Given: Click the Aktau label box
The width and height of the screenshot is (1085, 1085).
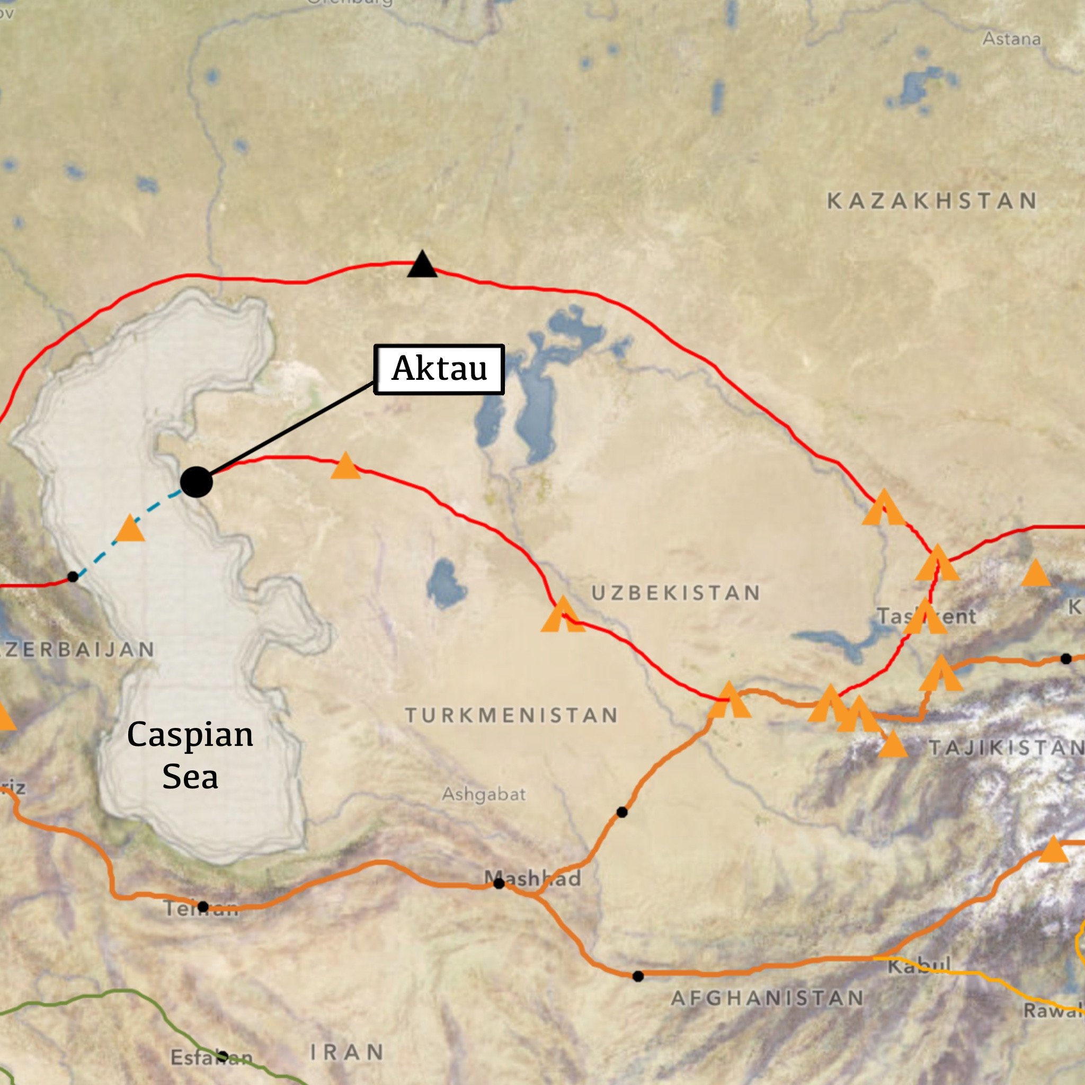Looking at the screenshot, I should click(439, 369).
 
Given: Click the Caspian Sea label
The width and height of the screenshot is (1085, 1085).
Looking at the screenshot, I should click(190, 755).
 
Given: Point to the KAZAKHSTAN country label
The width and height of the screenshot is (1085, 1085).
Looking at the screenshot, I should click(932, 201).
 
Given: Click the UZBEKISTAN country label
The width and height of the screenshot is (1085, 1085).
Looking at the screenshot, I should click(675, 593).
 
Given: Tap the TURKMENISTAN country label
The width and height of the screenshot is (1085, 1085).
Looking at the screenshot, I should click(511, 715).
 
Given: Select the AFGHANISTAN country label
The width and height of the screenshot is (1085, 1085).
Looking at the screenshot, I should click(767, 999).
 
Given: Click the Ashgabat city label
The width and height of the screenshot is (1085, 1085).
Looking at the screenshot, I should click(484, 794).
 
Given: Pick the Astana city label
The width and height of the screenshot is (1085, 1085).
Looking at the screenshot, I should click(1011, 39).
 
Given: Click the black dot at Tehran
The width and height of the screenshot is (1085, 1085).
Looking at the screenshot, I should click(203, 907).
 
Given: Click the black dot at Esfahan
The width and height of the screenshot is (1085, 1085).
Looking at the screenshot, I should click(223, 1056).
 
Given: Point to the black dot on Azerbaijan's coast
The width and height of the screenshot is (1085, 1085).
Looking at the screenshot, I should click(73, 577).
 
